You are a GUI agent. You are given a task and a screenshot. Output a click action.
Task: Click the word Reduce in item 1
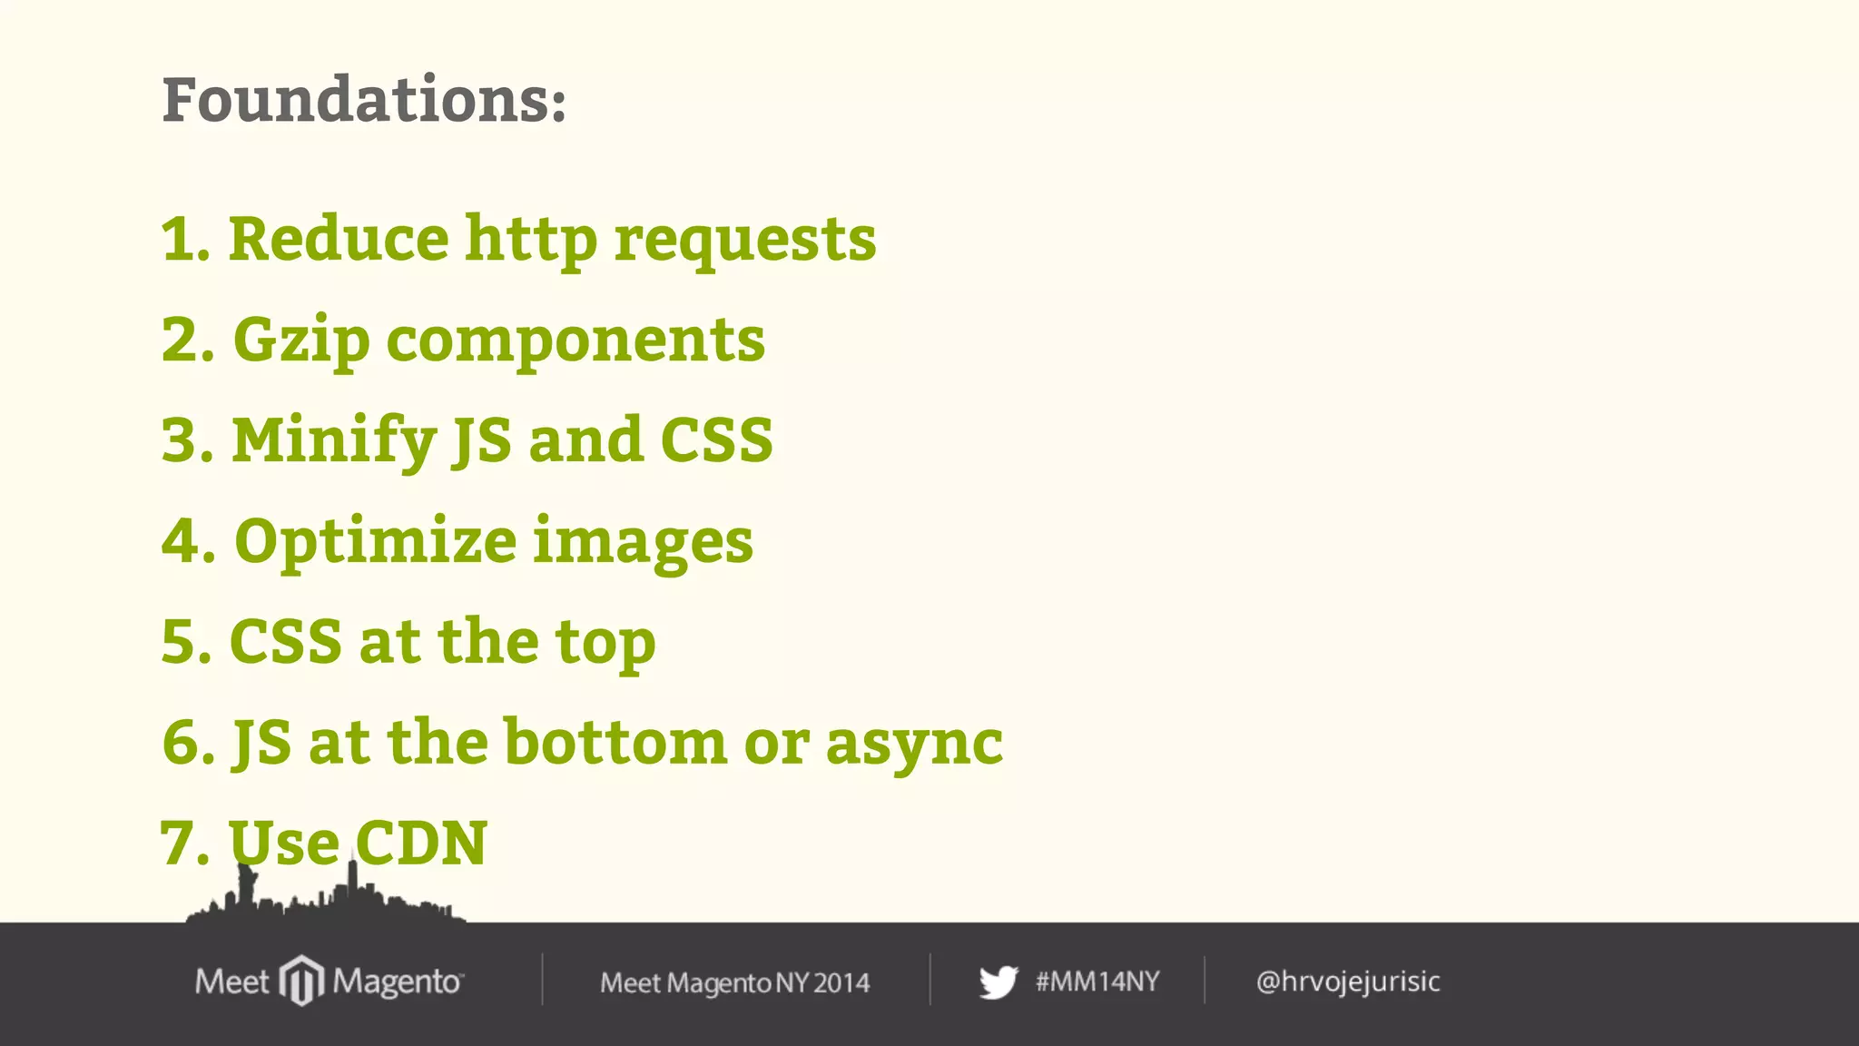338,239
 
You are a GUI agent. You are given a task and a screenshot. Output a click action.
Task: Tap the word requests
745,242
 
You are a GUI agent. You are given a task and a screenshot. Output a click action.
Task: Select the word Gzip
301,341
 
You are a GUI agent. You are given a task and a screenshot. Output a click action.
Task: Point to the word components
575,341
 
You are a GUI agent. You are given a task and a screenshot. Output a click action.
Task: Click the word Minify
334,441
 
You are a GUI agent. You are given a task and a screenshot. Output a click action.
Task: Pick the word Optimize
375,542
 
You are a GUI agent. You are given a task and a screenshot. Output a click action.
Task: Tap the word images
643,542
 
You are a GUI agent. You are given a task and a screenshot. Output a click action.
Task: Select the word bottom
615,742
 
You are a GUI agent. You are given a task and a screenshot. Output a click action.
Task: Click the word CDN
421,843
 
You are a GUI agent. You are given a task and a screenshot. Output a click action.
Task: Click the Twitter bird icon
998,982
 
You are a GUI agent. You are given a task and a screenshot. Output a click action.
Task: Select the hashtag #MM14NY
1097,982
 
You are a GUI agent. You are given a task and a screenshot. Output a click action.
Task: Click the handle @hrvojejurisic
1348,982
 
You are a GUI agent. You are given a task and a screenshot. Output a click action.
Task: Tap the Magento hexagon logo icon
301,981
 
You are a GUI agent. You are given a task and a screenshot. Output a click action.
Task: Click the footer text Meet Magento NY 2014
734,982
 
